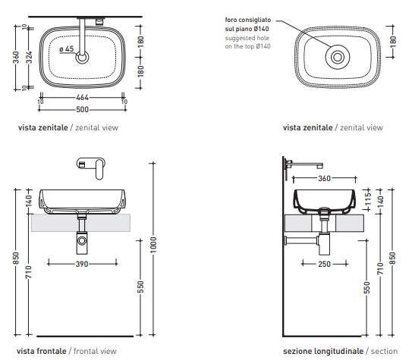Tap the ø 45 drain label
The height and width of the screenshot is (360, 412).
(x=67, y=49)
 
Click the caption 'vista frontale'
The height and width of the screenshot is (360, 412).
(x=42, y=351)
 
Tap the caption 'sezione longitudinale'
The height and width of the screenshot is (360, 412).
(x=323, y=351)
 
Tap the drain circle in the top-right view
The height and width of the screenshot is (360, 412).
(x=337, y=57)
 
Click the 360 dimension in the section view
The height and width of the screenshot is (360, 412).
(x=323, y=179)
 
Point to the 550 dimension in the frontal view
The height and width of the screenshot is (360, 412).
(x=140, y=287)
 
